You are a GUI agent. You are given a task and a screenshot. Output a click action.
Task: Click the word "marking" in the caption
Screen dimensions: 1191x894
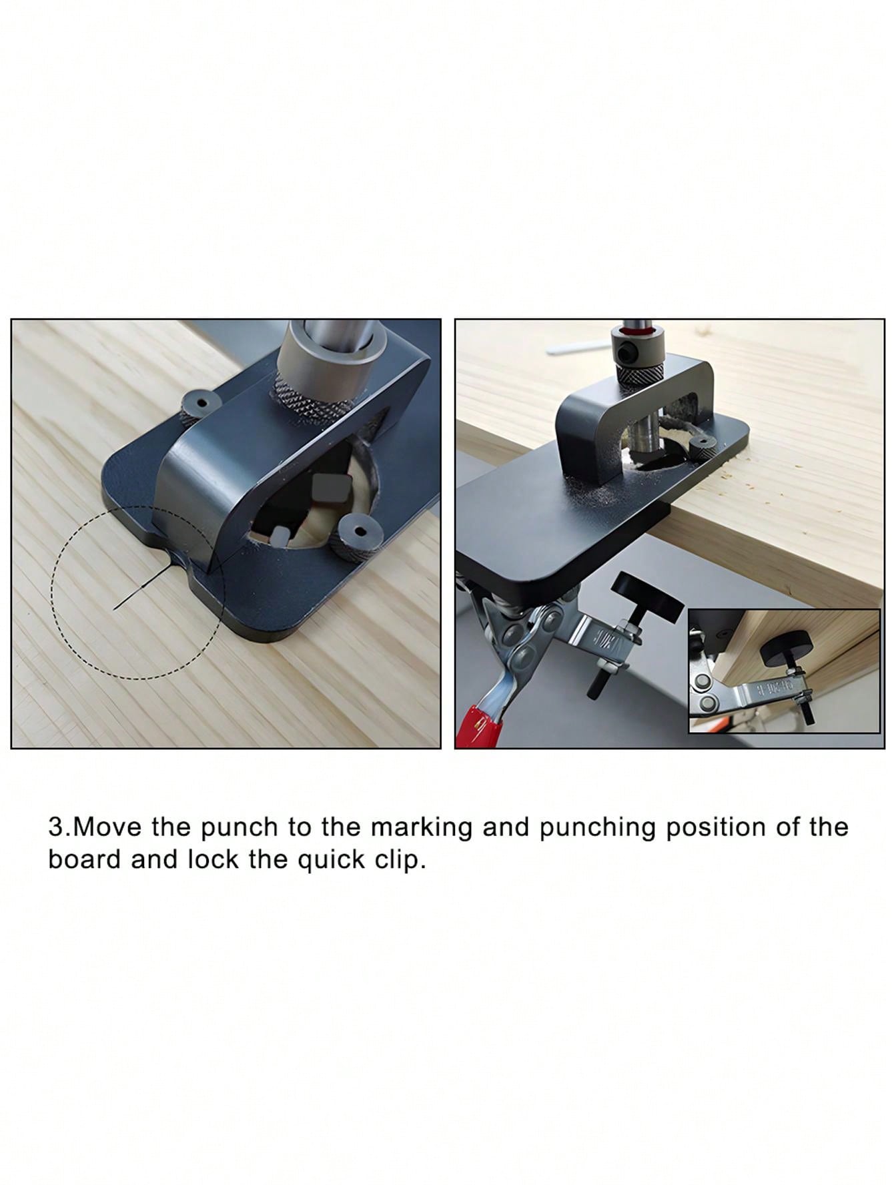(x=422, y=828)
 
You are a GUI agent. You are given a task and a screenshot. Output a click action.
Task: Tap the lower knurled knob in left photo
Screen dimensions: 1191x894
(x=355, y=536)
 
